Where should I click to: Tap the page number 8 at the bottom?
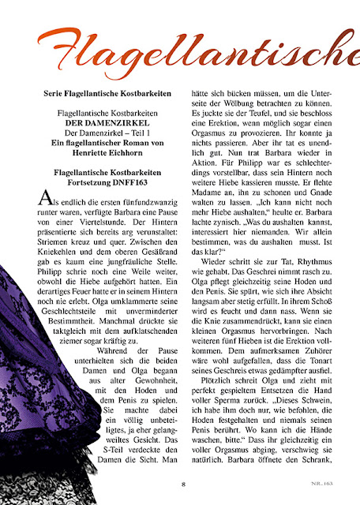coord(182,484)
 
